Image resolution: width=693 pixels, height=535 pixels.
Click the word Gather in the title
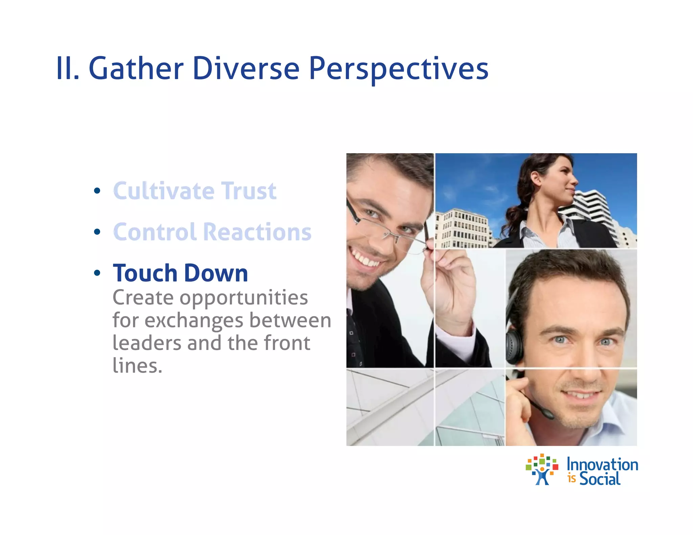pyautogui.click(x=136, y=69)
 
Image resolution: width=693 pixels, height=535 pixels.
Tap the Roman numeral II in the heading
pyautogui.click(x=67, y=69)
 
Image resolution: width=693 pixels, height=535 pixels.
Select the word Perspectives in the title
pyautogui.click(x=398, y=69)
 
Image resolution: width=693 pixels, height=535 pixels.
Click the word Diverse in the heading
pyautogui.click(x=246, y=69)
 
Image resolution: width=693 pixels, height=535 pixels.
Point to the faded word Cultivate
pyautogui.click(x=163, y=191)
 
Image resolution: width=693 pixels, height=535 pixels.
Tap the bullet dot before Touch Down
pyautogui.click(x=97, y=273)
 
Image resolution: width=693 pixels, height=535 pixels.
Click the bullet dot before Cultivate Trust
pyautogui.click(x=97, y=191)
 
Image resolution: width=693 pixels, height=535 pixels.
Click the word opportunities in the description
pyautogui.click(x=244, y=298)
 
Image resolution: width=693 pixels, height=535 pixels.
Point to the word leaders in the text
pyautogui.click(x=147, y=343)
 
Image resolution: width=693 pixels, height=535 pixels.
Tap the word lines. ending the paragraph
pyautogui.click(x=137, y=366)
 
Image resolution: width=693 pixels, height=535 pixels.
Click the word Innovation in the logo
pyautogui.click(x=602, y=465)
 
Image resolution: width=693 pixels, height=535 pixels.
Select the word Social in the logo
pyautogui.click(x=600, y=479)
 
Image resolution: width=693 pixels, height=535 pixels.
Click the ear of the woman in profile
pyautogui.click(x=536, y=178)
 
